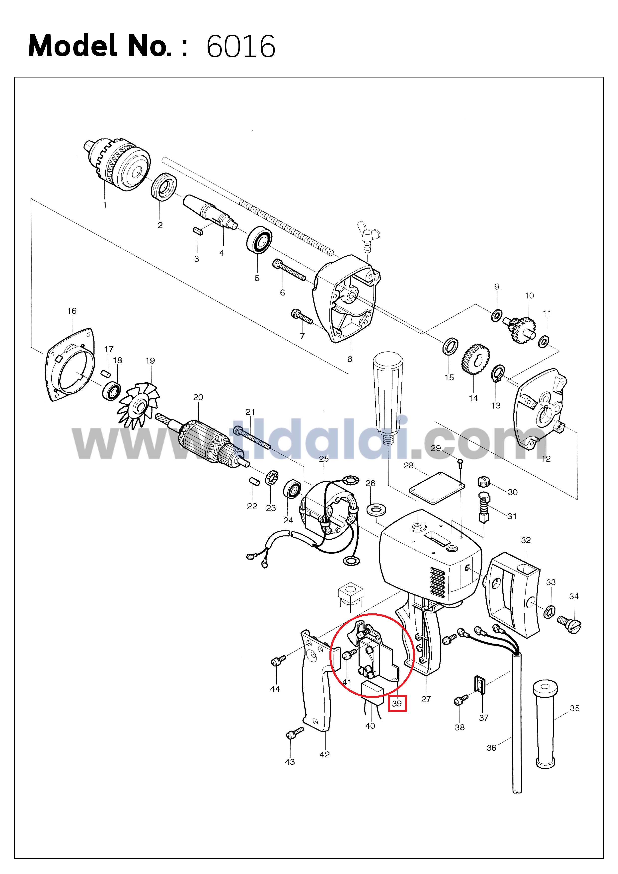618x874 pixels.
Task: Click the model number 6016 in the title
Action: point(241,46)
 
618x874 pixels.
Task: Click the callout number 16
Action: point(72,311)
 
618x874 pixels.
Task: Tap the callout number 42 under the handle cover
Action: point(325,754)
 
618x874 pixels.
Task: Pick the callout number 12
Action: point(546,459)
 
